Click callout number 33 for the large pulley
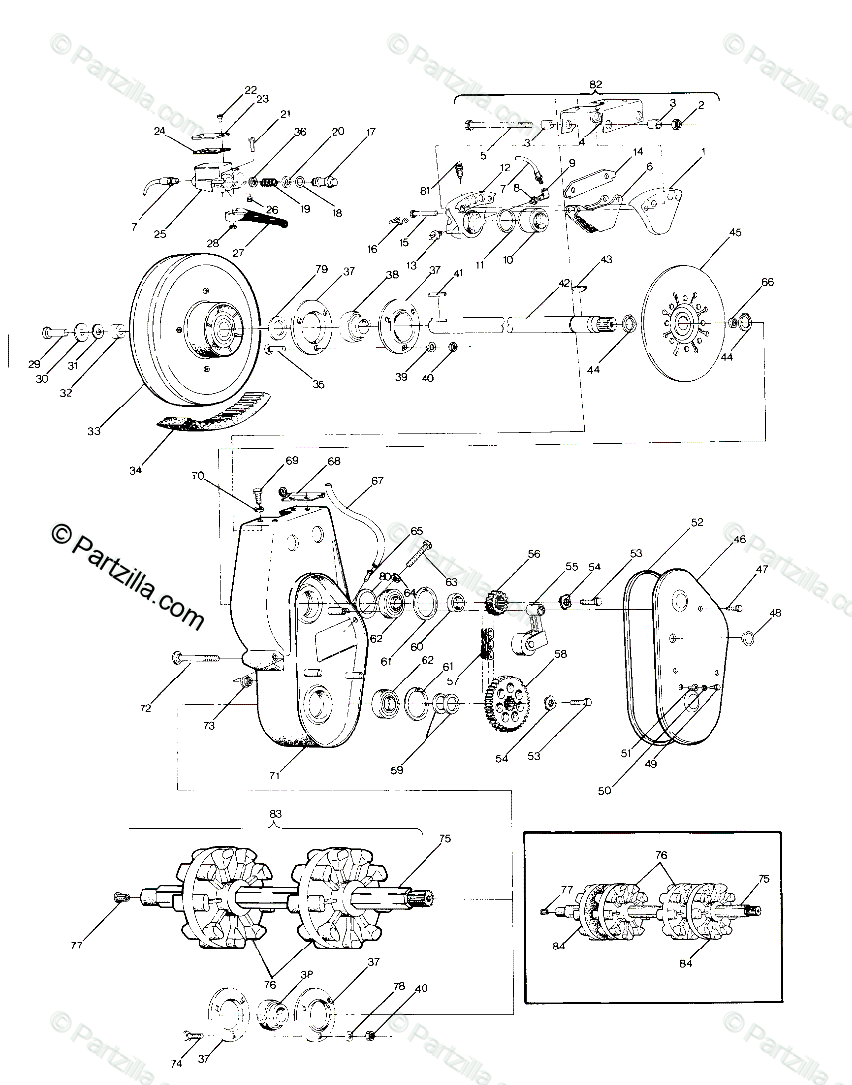pyautogui.click(x=93, y=431)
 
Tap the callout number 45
pyautogui.click(x=735, y=233)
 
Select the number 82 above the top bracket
pyautogui.click(x=596, y=85)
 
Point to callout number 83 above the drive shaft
pyautogui.click(x=275, y=814)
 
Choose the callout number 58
pyautogui.click(x=560, y=654)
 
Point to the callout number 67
pyautogui.click(x=377, y=481)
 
